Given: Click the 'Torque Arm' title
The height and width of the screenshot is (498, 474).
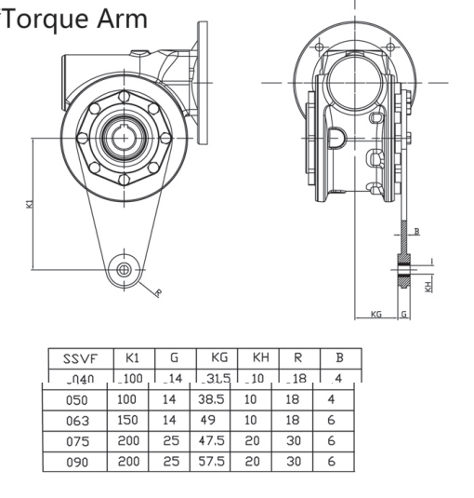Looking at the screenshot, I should pyautogui.click(x=74, y=18).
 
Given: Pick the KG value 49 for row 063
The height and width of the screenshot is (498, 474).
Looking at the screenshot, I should pyautogui.click(x=209, y=420).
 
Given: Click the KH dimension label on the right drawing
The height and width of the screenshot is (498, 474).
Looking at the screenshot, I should pyautogui.click(x=428, y=286).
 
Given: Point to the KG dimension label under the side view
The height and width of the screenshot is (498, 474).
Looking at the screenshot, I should pyautogui.click(x=376, y=315).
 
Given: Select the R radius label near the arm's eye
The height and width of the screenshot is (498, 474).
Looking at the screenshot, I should pyautogui.click(x=157, y=293).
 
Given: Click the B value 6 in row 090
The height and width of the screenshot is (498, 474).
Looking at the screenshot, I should pyautogui.click(x=332, y=461).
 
